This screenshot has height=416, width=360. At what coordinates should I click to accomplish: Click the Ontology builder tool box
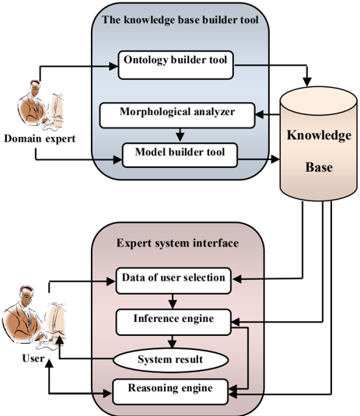click(176, 65)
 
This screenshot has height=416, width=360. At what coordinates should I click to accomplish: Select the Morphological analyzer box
click(177, 115)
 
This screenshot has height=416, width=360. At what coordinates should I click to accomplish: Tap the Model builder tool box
click(180, 156)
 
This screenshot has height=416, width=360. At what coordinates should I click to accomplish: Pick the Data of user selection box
click(173, 281)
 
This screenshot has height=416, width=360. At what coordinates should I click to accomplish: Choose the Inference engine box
click(173, 322)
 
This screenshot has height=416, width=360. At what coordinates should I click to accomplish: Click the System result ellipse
click(171, 360)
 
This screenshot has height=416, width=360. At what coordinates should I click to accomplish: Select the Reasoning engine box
click(170, 392)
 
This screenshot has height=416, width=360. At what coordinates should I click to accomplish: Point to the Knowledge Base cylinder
click(319, 144)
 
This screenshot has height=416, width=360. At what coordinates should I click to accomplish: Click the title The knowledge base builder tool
click(180, 20)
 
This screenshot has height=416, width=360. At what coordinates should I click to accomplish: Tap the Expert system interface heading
click(177, 243)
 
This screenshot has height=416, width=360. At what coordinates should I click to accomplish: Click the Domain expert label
click(40, 138)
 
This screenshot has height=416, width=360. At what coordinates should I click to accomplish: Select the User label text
click(33, 358)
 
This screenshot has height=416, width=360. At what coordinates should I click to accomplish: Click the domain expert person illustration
click(40, 105)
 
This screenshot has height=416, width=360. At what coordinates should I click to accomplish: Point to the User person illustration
click(33, 318)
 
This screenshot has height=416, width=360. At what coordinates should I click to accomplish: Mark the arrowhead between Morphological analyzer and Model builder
click(180, 137)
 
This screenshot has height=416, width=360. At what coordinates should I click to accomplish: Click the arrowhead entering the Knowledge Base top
click(307, 82)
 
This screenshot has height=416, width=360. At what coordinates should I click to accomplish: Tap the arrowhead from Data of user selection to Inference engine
click(173, 305)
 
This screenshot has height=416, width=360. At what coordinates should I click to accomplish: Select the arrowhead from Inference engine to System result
click(172, 344)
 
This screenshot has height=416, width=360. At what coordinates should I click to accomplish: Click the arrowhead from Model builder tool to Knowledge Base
click(275, 159)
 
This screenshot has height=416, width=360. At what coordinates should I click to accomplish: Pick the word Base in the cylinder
click(319, 167)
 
